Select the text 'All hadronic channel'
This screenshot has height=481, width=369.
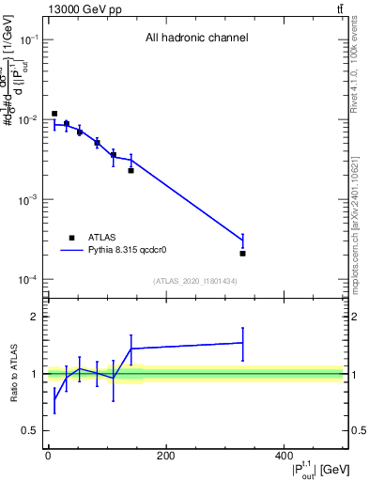[196, 39]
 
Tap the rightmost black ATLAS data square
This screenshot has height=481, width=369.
[242, 254]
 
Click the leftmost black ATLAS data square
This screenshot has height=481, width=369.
[54, 114]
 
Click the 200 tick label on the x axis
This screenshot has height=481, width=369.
[165, 457]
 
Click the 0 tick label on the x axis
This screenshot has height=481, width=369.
[48, 457]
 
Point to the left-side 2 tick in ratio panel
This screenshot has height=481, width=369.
[36, 318]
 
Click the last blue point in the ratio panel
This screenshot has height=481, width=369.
[242, 343]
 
